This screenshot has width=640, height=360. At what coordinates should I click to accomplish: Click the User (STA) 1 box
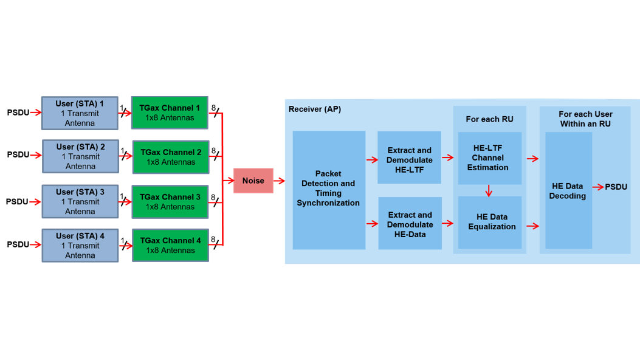coord(80,113)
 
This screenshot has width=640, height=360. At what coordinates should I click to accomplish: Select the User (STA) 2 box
coord(80,156)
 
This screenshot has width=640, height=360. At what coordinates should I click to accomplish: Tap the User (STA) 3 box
coord(80,201)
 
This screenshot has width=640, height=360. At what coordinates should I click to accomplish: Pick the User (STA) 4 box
coord(80,245)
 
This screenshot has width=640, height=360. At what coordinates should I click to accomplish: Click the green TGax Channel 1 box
coord(170,112)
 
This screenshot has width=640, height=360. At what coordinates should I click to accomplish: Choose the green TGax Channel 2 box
coord(170,157)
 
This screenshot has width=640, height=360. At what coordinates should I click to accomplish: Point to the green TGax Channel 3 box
coord(170,201)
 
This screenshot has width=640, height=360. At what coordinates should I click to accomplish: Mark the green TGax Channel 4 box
coord(170,245)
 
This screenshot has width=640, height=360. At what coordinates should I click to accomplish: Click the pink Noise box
coord(253,181)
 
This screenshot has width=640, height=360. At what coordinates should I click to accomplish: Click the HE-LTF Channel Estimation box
coord(490,157)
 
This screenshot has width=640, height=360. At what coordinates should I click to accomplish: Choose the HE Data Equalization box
coord(490,222)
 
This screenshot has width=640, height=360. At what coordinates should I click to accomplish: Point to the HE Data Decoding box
coord(568,190)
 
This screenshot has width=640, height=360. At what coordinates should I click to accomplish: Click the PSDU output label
coord(616,187)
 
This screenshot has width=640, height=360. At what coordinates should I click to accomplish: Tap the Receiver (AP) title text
coord(315,109)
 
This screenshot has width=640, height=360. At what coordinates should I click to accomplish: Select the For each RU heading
coord(489,119)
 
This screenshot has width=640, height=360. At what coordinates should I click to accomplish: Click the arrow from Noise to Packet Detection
coord(280,181)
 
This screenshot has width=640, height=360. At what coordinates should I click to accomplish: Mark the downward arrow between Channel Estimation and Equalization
coord(489,190)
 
